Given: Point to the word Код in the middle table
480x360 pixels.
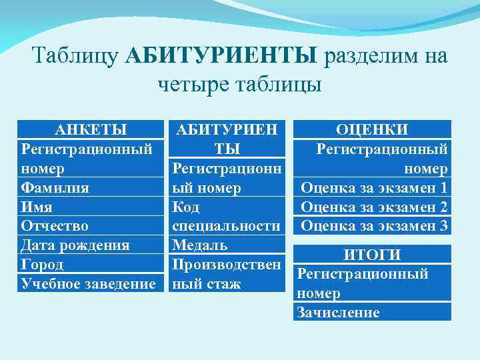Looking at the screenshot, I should coord(186,207).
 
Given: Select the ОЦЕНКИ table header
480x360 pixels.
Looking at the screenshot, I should coord(373,129).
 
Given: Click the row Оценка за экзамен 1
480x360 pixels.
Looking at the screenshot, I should coord(374,188).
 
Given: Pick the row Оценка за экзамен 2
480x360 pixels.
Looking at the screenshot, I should coord(374,207).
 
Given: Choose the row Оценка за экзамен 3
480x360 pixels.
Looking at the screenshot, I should coord(374,225).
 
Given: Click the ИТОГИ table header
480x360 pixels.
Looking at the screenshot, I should coord(373,254).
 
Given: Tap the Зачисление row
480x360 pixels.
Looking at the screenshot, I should coord(338,312).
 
